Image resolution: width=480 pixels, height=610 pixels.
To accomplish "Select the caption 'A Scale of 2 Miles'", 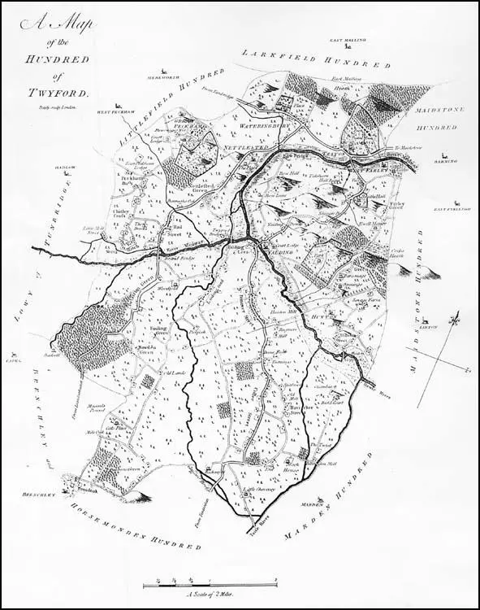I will point(210,595).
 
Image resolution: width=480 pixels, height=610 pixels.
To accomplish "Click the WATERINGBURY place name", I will point(266,127).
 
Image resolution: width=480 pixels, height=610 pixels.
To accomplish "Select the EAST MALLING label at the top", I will point(348,39).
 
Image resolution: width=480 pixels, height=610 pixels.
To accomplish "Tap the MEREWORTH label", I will point(162,78).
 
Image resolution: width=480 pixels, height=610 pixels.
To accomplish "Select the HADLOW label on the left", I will point(66,168).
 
